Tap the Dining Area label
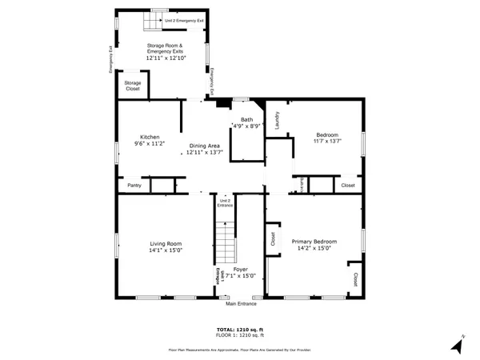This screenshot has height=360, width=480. (x=204, y=146)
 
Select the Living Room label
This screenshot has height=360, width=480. (x=166, y=243)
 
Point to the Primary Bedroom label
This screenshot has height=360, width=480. (x=314, y=242)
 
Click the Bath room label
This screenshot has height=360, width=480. (x=246, y=119)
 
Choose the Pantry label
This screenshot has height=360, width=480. (x=134, y=186)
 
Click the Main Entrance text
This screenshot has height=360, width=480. (x=241, y=304)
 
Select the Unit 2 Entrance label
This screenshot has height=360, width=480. (x=225, y=203)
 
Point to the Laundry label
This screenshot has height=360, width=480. (x=277, y=120)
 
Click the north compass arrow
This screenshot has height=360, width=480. (x=457, y=345)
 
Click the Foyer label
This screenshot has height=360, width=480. (x=240, y=269)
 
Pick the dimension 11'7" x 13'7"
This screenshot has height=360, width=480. (x=327, y=142)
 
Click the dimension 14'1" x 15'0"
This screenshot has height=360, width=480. (x=166, y=250)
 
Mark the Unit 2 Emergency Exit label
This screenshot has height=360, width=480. (x=184, y=20)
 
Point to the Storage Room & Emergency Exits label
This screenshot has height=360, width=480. (x=166, y=49)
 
